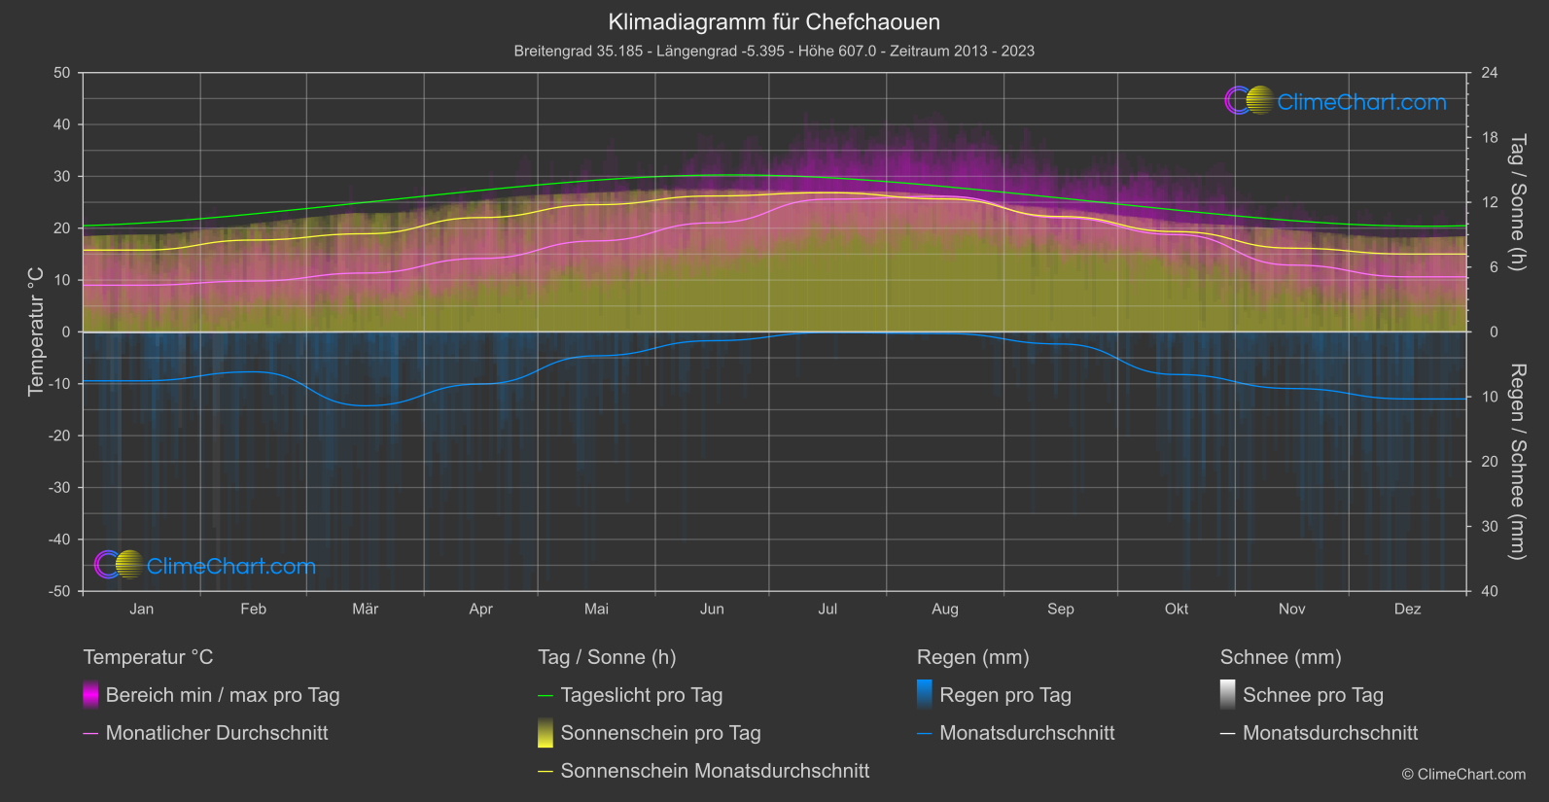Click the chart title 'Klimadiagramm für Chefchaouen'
(x=774, y=21)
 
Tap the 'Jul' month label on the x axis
(x=827, y=609)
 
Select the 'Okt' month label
(x=1177, y=609)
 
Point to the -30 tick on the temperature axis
(x=60, y=487)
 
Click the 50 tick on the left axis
(x=62, y=73)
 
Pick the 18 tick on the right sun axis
(x=1490, y=137)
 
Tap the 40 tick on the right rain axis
(x=1490, y=591)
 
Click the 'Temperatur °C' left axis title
(x=36, y=331)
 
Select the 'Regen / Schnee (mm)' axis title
(x=1517, y=462)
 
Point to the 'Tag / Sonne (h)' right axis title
(x=1517, y=202)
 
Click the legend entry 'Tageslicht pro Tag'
(x=641, y=695)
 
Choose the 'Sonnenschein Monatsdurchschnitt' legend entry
(x=715, y=771)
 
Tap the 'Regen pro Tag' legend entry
(x=1004, y=695)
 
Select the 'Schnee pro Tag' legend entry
(x=1313, y=695)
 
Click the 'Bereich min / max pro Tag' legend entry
(x=222, y=695)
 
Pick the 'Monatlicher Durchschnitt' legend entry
(x=216, y=733)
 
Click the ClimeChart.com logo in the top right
(x=1335, y=101)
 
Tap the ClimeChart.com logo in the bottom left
(x=205, y=566)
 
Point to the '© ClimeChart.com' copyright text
(x=1463, y=774)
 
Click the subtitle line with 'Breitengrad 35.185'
(x=774, y=51)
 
